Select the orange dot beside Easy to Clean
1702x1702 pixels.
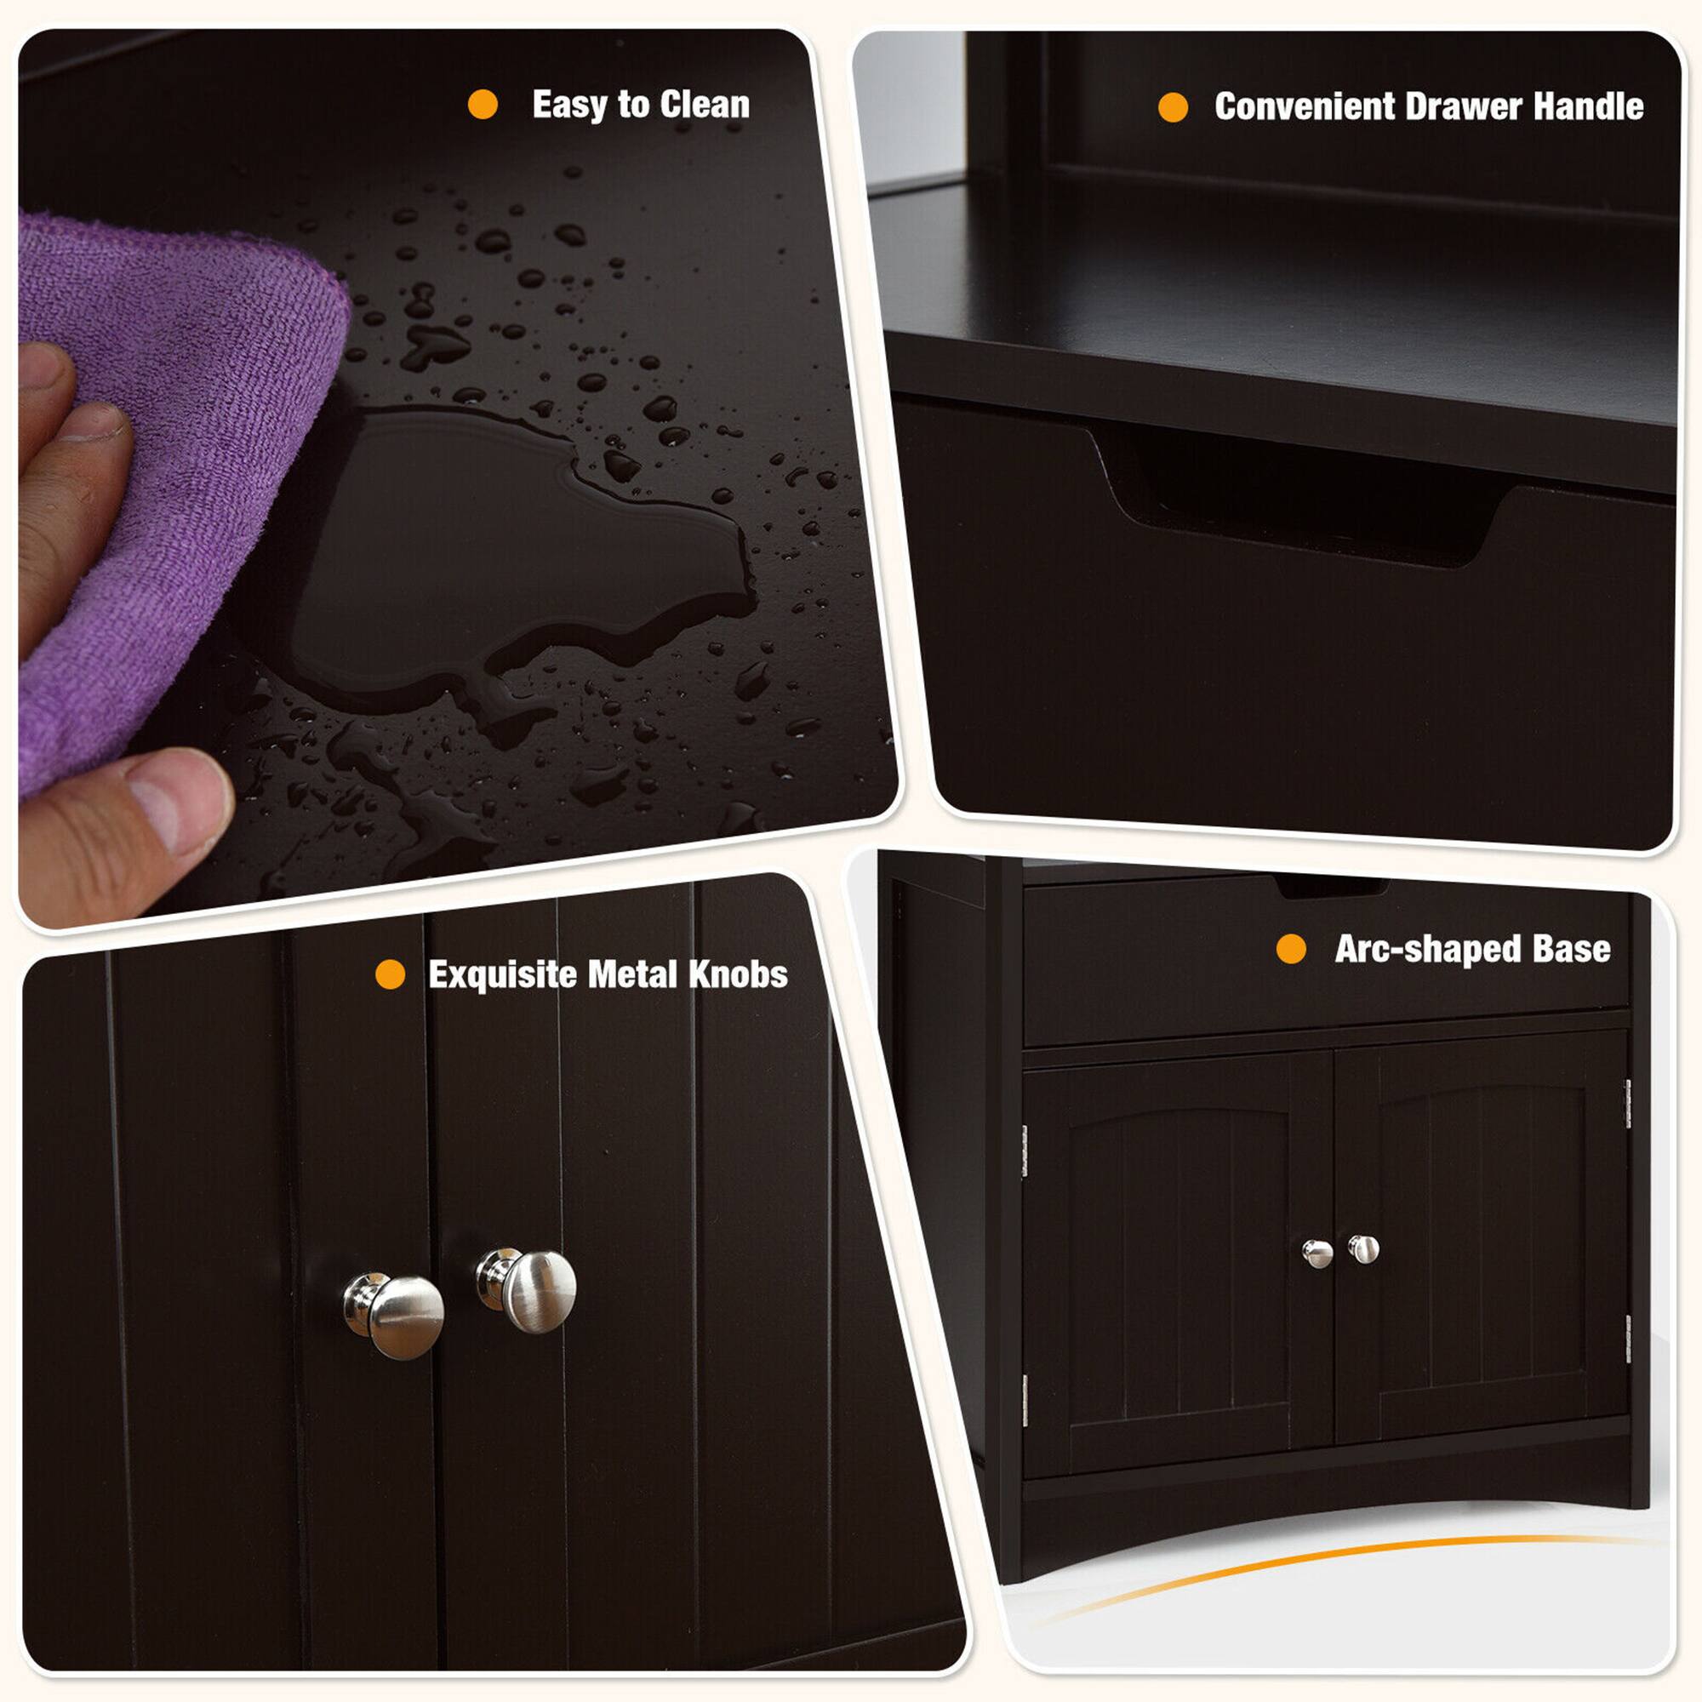click(483, 104)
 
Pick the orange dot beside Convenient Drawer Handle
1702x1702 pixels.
click(1173, 107)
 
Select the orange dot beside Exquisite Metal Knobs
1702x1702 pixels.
click(391, 974)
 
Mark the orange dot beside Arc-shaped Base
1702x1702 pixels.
click(1291, 949)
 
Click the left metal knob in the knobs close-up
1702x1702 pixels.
click(397, 1315)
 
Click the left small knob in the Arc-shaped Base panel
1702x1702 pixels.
click(1317, 1253)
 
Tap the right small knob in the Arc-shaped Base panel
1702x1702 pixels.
click(1363, 1248)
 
